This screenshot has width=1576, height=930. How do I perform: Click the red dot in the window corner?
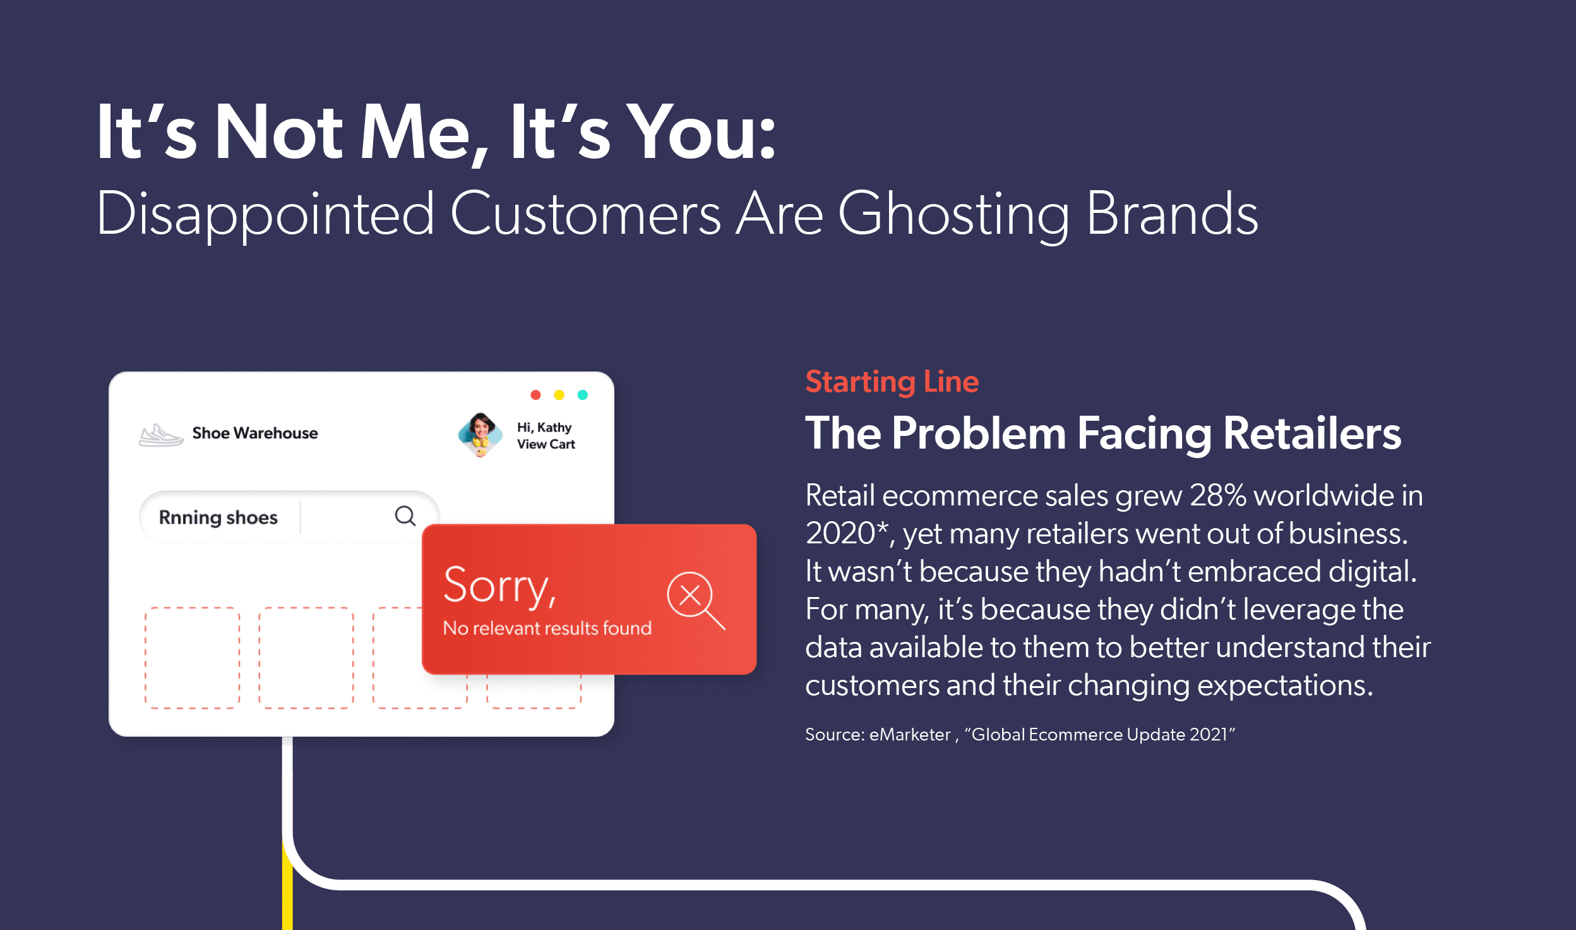point(535,395)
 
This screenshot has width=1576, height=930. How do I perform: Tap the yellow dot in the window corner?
point(559,395)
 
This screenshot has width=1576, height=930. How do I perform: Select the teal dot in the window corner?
point(583,395)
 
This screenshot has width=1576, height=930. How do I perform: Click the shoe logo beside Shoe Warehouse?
point(161,435)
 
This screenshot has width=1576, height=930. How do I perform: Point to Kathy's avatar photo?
point(481,435)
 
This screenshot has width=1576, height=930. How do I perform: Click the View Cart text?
point(546,444)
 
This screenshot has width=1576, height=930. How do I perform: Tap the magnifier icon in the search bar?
point(405,516)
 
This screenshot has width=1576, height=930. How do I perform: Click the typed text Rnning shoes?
point(218,517)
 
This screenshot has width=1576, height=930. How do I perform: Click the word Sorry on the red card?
point(499,586)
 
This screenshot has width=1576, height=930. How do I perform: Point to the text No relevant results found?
point(547,628)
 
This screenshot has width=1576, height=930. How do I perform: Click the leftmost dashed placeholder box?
point(193,658)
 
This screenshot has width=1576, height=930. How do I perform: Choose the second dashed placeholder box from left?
point(306,658)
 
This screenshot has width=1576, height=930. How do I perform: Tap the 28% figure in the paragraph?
point(1218,495)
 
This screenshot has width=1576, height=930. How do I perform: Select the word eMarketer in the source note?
point(910,735)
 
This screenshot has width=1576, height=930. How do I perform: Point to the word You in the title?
point(703,133)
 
